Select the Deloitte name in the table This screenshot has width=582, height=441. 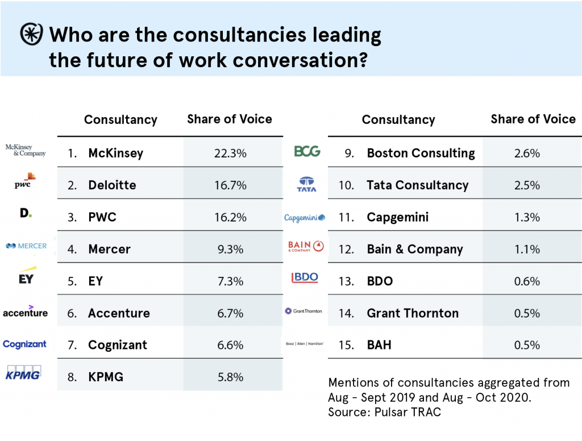point(112,185)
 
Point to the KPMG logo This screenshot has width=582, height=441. point(23,373)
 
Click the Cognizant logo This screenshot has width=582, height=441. point(24,344)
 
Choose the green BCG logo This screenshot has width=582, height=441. point(307,151)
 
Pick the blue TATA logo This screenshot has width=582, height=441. point(307,184)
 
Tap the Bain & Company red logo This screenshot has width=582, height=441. point(306,246)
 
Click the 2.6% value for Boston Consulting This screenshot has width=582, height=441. point(527,153)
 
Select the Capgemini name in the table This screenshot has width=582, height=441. point(398,217)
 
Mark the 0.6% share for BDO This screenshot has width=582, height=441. point(527,281)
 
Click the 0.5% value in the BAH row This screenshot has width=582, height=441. point(527,345)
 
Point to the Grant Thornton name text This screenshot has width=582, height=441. point(413,313)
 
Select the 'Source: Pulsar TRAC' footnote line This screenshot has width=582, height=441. point(384,412)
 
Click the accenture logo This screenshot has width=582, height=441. point(25,311)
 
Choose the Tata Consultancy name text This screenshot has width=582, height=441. point(418,185)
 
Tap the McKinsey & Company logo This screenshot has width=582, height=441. point(25,150)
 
